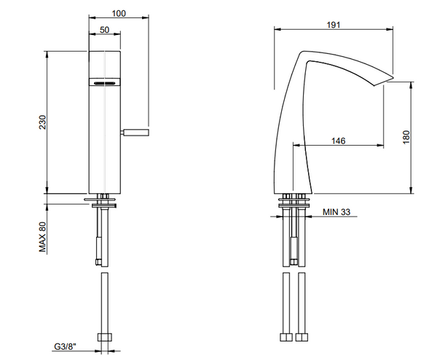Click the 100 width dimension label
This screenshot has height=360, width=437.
[x=119, y=13]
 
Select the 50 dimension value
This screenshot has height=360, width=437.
[x=104, y=30]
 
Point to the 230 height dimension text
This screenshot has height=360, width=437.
[x=42, y=122]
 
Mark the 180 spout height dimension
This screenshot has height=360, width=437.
[x=406, y=136]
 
